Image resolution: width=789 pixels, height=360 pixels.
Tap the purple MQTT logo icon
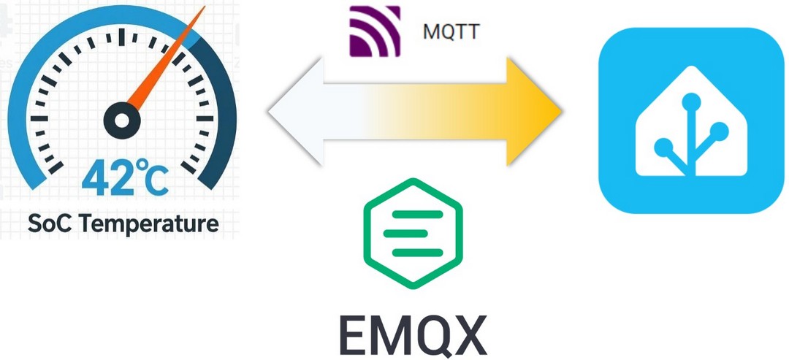click(375, 31)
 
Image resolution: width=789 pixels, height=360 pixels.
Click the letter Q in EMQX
click(431, 334)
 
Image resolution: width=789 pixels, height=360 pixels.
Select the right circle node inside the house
click(719, 131)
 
